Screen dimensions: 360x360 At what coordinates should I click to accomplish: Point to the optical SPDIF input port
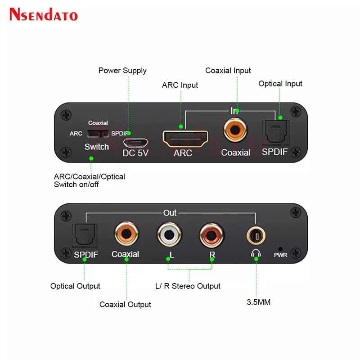[x=274, y=133]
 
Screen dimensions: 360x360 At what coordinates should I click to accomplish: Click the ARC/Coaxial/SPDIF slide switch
[x=98, y=134]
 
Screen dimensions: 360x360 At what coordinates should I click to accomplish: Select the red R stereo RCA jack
[x=211, y=234]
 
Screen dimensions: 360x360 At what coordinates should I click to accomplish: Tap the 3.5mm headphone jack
[x=256, y=234]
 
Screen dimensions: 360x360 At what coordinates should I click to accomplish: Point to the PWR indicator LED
[x=280, y=248]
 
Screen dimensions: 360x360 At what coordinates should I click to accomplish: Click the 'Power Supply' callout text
[x=122, y=71]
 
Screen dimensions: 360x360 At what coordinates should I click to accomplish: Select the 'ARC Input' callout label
[x=180, y=85]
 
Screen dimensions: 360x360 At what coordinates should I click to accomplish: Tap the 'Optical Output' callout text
[x=75, y=286]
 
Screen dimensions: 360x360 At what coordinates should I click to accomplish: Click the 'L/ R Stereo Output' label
[x=188, y=286]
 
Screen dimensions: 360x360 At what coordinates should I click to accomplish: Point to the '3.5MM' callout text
[x=258, y=302]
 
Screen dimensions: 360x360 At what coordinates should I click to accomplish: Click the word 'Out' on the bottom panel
[x=170, y=213]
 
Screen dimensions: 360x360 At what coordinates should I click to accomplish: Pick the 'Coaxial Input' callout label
[x=228, y=71]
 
